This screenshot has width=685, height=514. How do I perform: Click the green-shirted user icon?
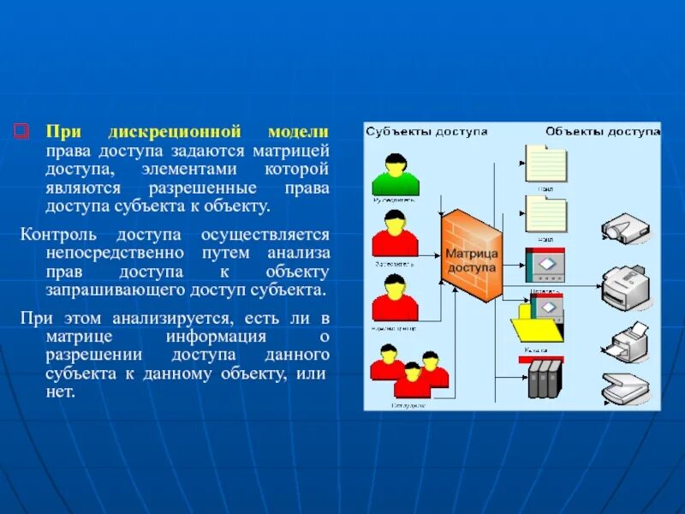pyautogui.click(x=395, y=176)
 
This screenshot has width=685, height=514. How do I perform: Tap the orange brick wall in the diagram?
pyautogui.click(x=470, y=255)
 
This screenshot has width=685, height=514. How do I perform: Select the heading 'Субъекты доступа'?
pyautogui.click(x=427, y=132)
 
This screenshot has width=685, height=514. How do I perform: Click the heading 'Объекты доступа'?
pyautogui.click(x=603, y=132)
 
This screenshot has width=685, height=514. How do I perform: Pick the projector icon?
pyautogui.click(x=622, y=229)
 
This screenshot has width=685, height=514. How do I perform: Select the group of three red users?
pyautogui.click(x=409, y=372)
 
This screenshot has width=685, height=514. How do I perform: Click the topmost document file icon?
pyautogui.click(x=545, y=162)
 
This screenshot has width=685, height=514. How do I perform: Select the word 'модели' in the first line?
pyautogui.click(x=298, y=132)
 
